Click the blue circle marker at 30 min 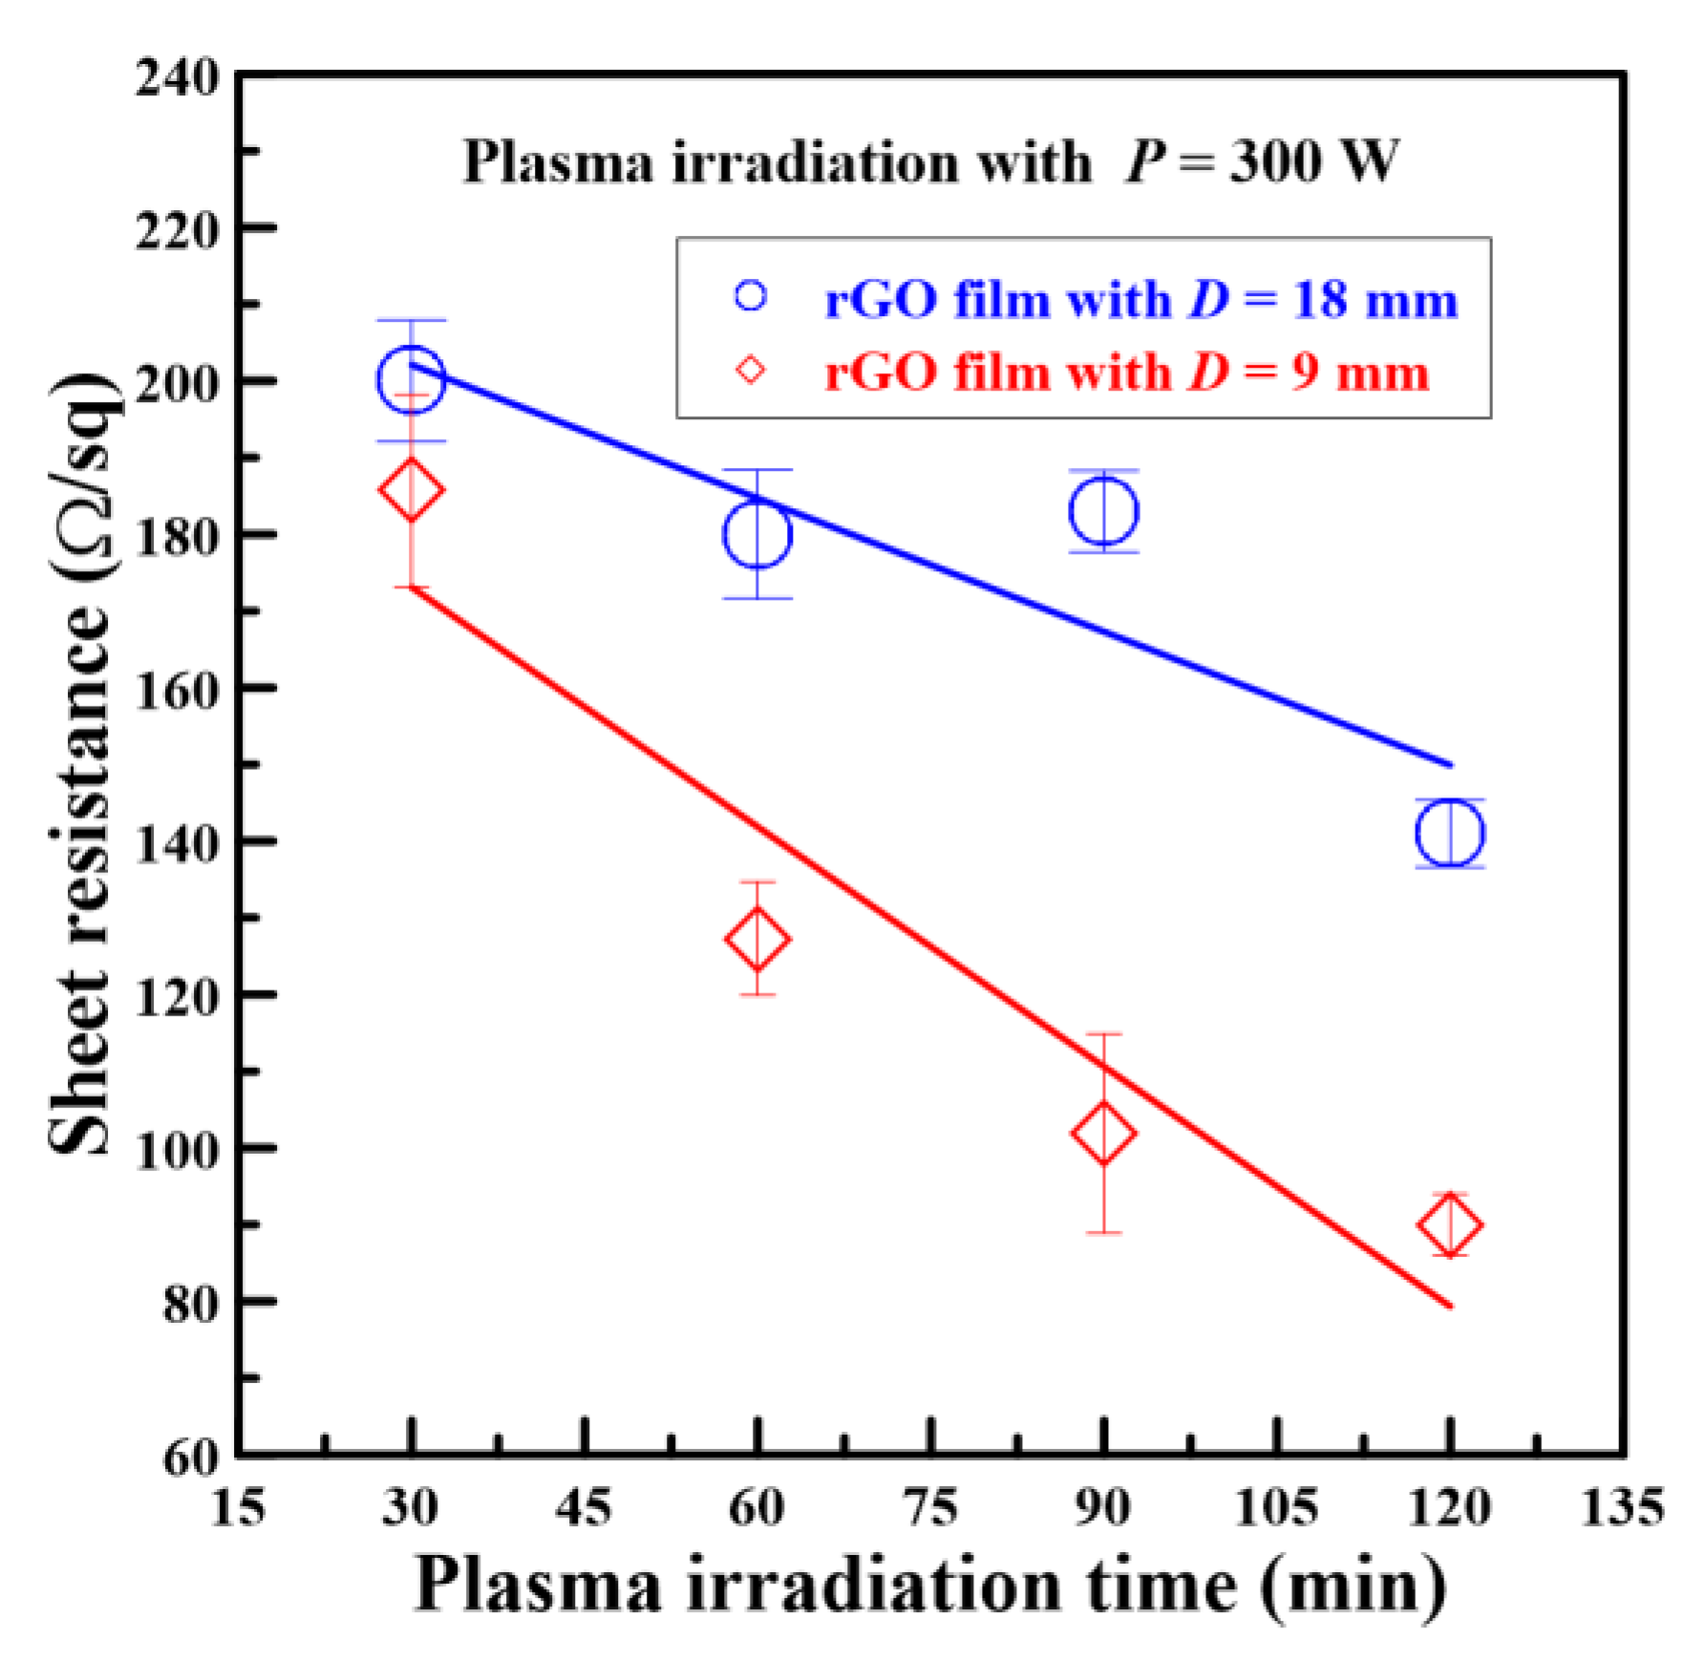click(x=411, y=379)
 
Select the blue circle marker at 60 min click(x=757, y=534)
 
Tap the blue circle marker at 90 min click(x=1103, y=511)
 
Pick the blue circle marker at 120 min click(x=1450, y=833)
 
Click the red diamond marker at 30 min click(x=411, y=490)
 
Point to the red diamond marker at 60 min click(x=757, y=939)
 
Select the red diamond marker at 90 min click(x=1103, y=1134)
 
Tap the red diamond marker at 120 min click(x=1450, y=1224)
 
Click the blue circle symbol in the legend click(x=751, y=296)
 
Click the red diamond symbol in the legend click(x=751, y=370)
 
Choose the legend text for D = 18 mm click(x=1141, y=299)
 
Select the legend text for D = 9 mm click(x=1127, y=372)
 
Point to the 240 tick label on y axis click(x=178, y=77)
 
